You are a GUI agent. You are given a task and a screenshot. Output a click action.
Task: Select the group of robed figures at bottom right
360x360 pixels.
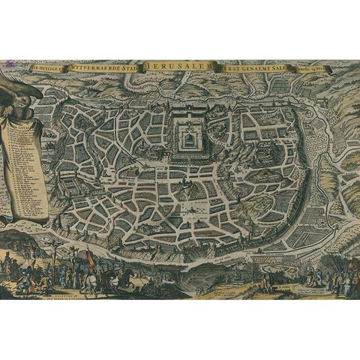pyautogui.click(x=330, y=281)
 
